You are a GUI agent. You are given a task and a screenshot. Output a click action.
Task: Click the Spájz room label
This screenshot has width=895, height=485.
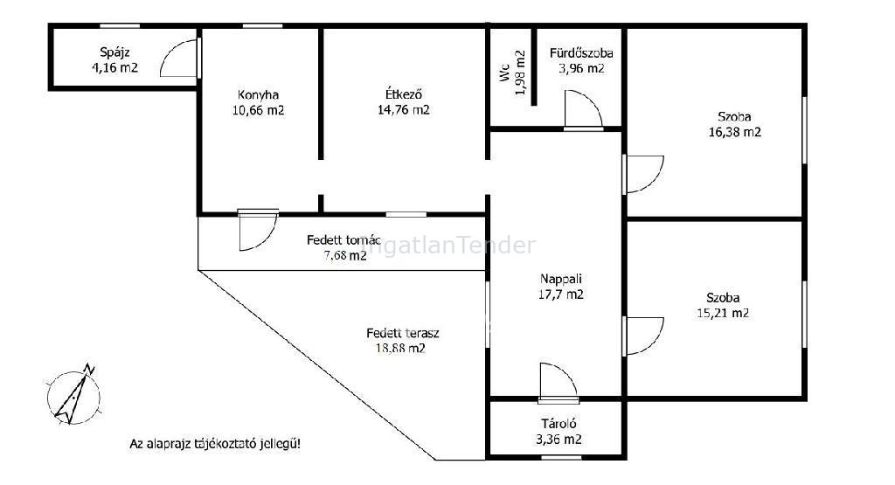(114, 52)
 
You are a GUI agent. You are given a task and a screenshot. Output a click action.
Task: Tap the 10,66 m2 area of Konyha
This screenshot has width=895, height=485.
(258, 110)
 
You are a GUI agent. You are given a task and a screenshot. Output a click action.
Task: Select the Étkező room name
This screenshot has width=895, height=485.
(404, 94)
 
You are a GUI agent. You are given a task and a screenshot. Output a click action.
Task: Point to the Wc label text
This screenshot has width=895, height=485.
(504, 73)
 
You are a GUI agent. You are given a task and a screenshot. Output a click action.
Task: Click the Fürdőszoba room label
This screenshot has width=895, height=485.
(581, 53)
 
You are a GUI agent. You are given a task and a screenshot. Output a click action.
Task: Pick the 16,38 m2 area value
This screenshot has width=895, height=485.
(734, 132)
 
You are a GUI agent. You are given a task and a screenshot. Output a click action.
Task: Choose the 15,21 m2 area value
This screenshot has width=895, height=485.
(723, 313)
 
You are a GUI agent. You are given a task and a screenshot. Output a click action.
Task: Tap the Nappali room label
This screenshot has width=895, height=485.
(560, 279)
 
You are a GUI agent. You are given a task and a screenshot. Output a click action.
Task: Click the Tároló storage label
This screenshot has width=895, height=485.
(559, 424)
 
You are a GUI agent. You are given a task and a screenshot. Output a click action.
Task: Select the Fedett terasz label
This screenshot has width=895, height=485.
(402, 333)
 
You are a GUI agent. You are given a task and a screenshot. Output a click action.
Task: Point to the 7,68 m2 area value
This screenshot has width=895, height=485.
(344, 255)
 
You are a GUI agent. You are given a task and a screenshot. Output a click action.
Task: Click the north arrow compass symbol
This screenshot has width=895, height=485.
(74, 395)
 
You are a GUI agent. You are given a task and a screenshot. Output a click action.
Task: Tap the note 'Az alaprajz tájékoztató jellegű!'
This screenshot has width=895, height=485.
(215, 443)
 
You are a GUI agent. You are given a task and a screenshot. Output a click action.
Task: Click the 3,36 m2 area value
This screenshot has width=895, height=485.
(559, 440)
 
